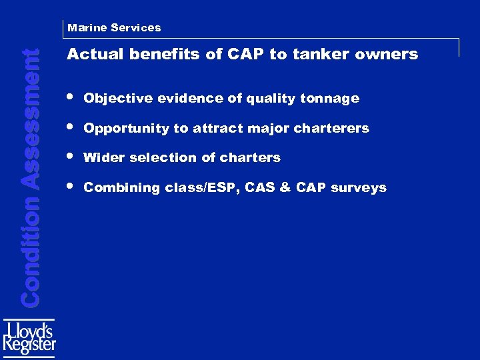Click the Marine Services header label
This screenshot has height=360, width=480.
tap(114, 28)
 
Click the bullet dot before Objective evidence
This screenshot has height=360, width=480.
tap(71, 97)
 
